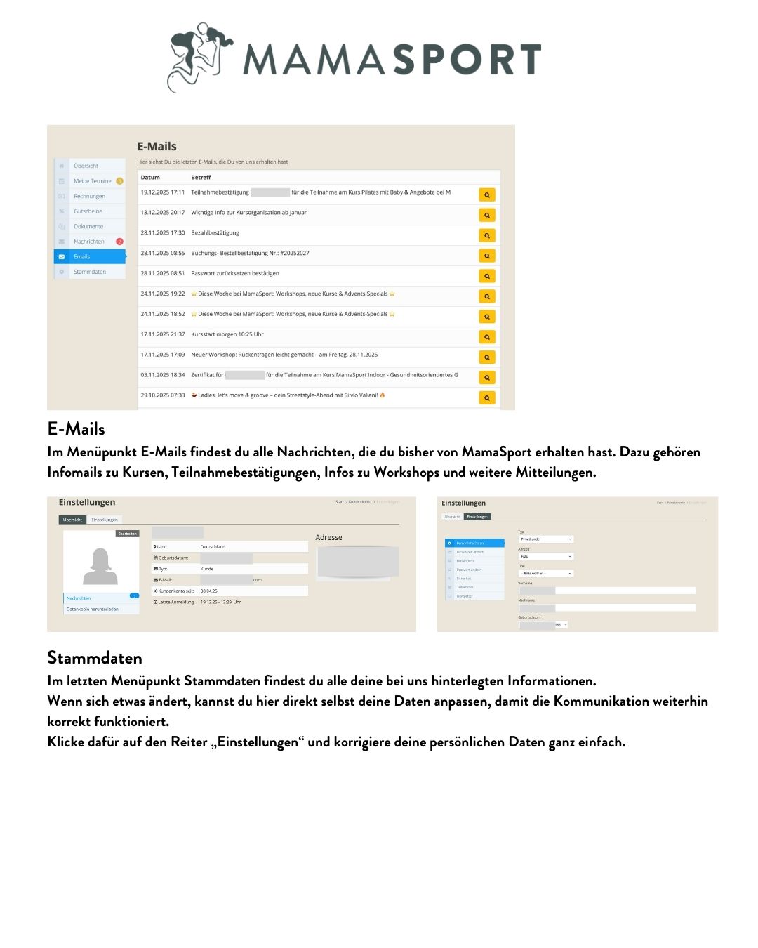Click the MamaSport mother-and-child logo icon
click(199, 56)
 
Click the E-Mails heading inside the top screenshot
click(157, 146)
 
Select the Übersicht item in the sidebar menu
click(86, 166)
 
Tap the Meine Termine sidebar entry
click(92, 181)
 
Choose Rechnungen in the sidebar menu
click(89, 196)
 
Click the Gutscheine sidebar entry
click(88, 211)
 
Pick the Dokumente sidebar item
click(88, 226)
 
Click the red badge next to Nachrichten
click(119, 242)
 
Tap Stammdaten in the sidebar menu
click(90, 272)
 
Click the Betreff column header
click(201, 177)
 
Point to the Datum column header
click(150, 177)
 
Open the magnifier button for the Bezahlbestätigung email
click(486, 235)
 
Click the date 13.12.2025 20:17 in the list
click(163, 212)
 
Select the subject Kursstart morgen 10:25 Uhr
click(227, 334)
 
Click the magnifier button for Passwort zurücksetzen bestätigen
click(486, 276)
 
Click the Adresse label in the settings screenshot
click(328, 537)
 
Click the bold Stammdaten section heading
click(94, 657)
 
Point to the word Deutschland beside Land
click(213, 546)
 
